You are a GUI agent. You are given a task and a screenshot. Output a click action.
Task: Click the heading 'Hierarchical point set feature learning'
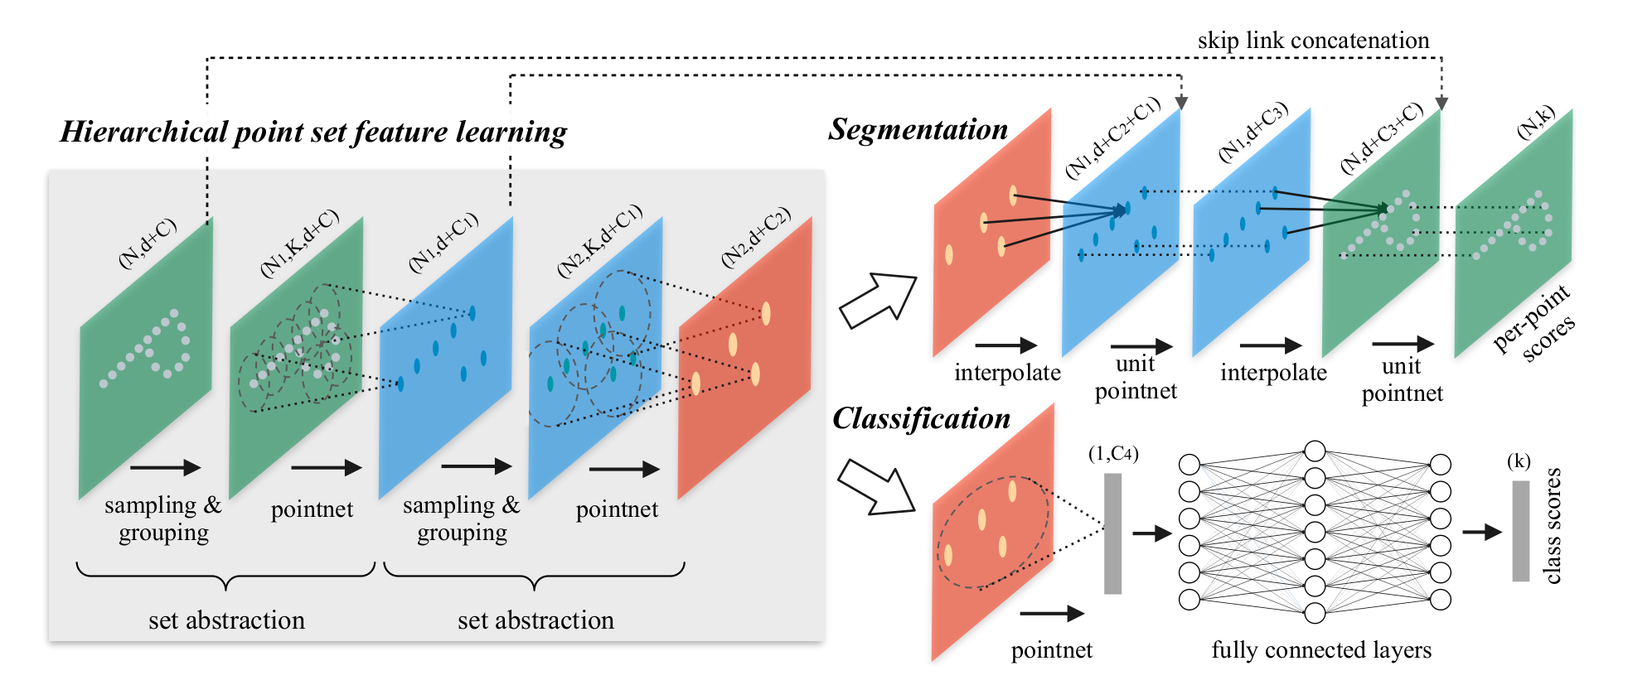pyautogui.click(x=313, y=133)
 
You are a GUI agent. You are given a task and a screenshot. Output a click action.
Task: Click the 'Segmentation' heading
pyautogui.click(x=918, y=130)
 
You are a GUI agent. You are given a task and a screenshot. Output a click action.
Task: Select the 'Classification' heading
pyautogui.click(x=921, y=419)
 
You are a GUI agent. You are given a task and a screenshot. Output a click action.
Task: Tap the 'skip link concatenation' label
pyautogui.click(x=1313, y=41)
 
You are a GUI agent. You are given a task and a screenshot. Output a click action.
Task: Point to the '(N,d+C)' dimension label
pyautogui.click(x=148, y=244)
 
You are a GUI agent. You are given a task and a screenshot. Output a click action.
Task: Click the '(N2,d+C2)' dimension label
pyautogui.click(x=755, y=238)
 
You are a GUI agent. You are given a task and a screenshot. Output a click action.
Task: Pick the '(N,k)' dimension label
pyautogui.click(x=1535, y=123)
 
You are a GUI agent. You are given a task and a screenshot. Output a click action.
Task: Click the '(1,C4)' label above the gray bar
pyautogui.click(x=1113, y=454)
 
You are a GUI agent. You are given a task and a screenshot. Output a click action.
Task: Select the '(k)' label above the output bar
pyautogui.click(x=1519, y=461)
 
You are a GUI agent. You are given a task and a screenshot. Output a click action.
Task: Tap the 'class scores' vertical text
pyautogui.click(x=1553, y=526)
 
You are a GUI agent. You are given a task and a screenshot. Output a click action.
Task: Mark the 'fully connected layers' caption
pyautogui.click(x=1321, y=651)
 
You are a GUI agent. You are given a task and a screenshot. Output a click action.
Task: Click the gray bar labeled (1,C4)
pyautogui.click(x=1112, y=533)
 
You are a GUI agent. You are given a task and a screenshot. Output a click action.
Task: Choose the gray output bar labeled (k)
pyautogui.click(x=1520, y=531)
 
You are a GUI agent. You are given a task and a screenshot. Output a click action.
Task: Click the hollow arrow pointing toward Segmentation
pyautogui.click(x=877, y=300)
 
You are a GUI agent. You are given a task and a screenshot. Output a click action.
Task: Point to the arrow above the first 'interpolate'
pyautogui.click(x=1006, y=345)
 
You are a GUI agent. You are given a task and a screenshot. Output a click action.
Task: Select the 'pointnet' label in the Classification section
pyautogui.click(x=1051, y=651)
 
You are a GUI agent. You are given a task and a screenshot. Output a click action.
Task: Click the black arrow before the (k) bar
pyautogui.click(x=1481, y=532)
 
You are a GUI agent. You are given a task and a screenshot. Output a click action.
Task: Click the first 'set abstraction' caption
pyautogui.click(x=226, y=621)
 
